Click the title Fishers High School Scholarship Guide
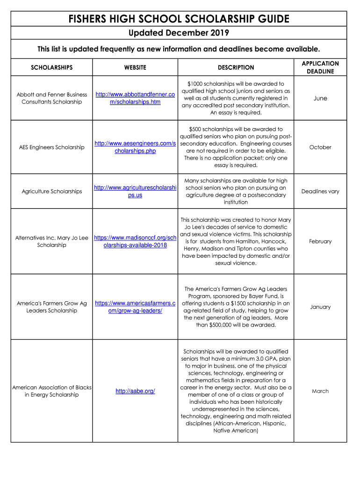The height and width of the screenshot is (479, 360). (x=179, y=19)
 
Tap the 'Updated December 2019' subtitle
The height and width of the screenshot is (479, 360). (x=179, y=33)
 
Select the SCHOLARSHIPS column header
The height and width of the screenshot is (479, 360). (x=52, y=67)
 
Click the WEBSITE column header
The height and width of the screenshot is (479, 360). (x=135, y=67)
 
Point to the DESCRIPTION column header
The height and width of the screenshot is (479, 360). (x=236, y=67)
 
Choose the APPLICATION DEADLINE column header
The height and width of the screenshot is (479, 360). (x=320, y=67)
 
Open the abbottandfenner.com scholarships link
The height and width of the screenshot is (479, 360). (x=135, y=98)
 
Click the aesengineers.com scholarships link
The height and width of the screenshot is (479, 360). (x=135, y=147)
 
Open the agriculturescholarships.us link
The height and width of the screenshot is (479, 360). (x=135, y=191)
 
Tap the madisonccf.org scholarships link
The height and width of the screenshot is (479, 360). (x=135, y=241)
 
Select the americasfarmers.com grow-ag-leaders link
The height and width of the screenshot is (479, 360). (x=135, y=307)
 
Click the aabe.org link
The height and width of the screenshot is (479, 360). (x=135, y=391)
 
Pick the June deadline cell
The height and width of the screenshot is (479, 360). (x=320, y=98)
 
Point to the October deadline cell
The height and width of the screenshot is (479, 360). (x=320, y=147)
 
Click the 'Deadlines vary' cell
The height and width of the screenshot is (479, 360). (x=320, y=191)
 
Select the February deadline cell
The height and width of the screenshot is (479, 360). (x=320, y=241)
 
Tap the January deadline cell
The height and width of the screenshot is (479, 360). (x=320, y=307)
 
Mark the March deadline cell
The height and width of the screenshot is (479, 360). (x=320, y=391)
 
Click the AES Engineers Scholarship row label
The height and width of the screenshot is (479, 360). (x=52, y=147)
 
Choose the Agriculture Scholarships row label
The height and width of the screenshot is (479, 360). (x=52, y=191)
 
